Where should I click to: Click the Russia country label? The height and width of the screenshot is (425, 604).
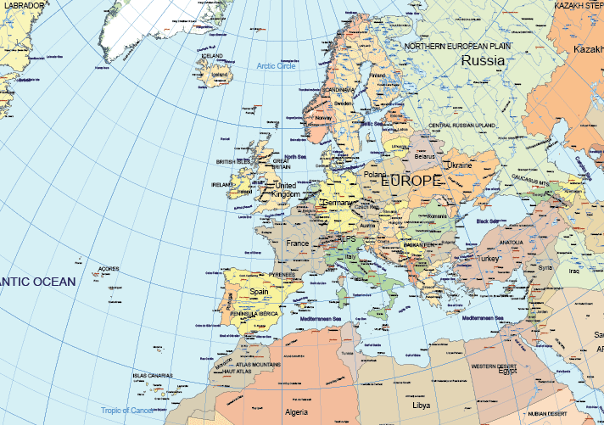[483, 61]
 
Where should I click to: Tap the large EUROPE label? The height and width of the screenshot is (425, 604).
[411, 181]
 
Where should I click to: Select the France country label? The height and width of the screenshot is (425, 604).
[298, 243]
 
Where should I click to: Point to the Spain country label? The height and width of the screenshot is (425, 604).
[259, 291]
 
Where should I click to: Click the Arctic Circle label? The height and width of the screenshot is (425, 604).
[276, 66]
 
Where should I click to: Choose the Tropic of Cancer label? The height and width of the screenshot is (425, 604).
[127, 411]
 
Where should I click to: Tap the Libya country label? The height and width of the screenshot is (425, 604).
[422, 405]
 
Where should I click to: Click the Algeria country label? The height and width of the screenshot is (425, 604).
[297, 412]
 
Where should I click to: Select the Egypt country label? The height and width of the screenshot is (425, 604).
[506, 372]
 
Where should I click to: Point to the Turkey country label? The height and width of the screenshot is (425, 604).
[489, 258]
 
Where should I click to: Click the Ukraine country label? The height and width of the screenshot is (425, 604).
[460, 165]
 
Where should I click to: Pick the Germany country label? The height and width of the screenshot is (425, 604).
[338, 204]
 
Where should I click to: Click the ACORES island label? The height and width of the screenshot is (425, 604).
[109, 269]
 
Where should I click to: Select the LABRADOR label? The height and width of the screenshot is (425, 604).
[20, 5]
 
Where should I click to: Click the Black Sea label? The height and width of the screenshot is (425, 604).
[488, 221]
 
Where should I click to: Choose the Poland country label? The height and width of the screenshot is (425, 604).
[375, 175]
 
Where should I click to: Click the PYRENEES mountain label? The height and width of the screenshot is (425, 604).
[282, 275]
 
